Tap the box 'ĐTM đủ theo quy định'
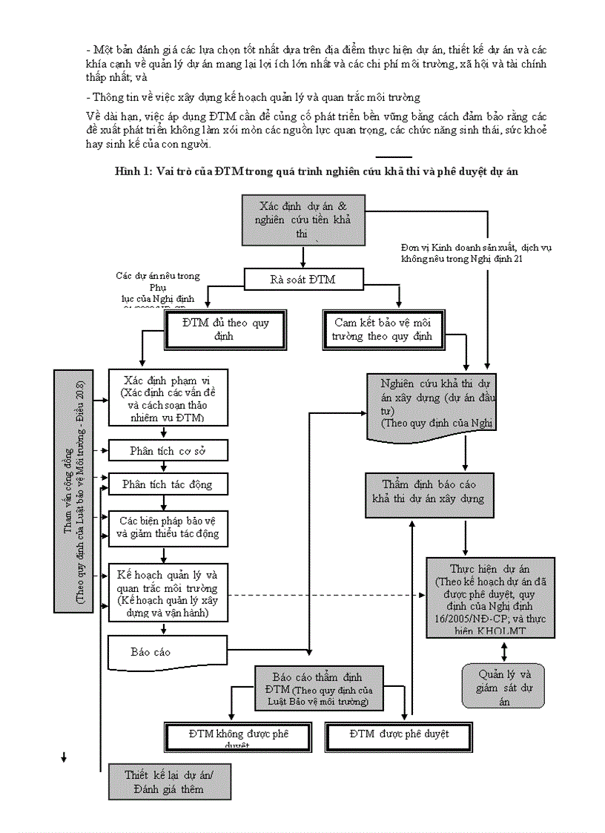click(x=225, y=329)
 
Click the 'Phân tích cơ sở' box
click(x=168, y=450)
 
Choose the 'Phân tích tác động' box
click(x=168, y=484)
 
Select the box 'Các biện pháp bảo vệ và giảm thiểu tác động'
click(x=168, y=527)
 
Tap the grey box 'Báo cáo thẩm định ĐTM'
click(x=319, y=688)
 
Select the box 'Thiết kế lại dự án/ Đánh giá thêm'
click(x=169, y=781)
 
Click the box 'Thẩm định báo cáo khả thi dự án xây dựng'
click(x=429, y=492)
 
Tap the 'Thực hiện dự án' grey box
click(x=491, y=597)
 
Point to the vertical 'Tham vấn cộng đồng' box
click(x=73, y=491)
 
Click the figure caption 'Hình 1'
click(x=316, y=171)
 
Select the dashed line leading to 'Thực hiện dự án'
click(x=326, y=595)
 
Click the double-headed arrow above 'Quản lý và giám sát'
click(x=504, y=651)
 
